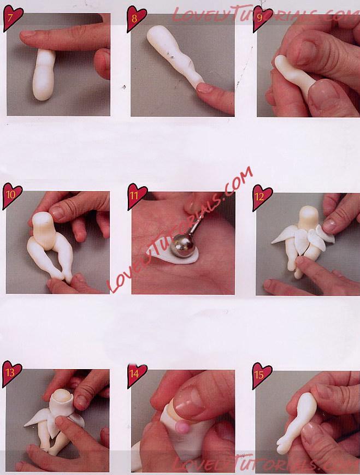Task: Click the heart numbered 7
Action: (13, 17)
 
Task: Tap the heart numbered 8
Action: (136, 18)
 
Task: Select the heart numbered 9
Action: (262, 18)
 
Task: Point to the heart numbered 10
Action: (12, 195)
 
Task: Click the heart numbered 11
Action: (137, 196)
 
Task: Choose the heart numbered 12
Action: (262, 197)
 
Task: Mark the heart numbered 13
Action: (11, 373)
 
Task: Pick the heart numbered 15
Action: (262, 376)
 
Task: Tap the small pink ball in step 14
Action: (182, 428)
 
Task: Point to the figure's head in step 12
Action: (309, 217)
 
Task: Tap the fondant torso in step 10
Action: (43, 229)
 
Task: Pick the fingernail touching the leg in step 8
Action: (205, 88)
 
